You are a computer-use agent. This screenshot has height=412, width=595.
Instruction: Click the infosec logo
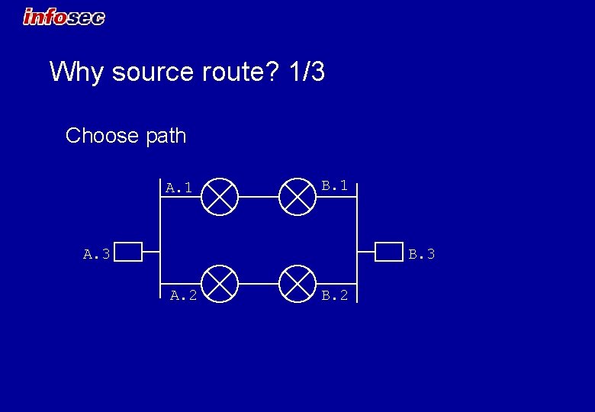(64, 16)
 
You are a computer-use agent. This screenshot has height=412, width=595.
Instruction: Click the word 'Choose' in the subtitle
(101, 136)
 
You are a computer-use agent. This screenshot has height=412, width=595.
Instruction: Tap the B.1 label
(334, 185)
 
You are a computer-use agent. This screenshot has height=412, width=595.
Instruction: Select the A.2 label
(183, 295)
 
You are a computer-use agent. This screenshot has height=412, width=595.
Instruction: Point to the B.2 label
(334, 295)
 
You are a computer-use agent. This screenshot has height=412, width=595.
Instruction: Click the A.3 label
(97, 253)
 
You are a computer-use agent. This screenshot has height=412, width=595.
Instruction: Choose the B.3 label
(421, 253)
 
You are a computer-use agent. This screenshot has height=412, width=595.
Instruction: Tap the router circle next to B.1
(297, 196)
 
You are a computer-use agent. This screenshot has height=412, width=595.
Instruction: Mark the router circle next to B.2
(297, 284)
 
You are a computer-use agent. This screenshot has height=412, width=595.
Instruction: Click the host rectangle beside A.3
(128, 252)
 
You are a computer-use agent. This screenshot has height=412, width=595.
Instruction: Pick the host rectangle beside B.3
(389, 252)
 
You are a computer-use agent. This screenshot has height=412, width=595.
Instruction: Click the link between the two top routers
(259, 196)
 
